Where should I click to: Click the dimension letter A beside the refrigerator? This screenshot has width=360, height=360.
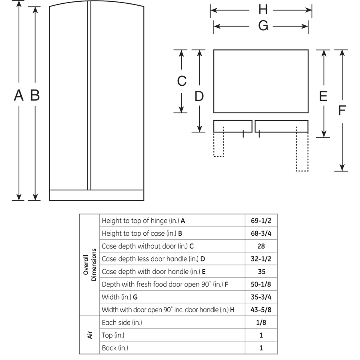click(x=19, y=95)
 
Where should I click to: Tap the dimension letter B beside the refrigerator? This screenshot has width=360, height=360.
click(x=35, y=95)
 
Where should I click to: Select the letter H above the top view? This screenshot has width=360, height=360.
click(x=263, y=10)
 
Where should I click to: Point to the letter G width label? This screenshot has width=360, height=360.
click(x=263, y=26)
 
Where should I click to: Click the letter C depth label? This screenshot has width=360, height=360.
click(x=182, y=81)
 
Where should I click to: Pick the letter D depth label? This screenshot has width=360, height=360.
click(x=199, y=96)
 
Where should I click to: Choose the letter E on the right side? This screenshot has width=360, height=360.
click(x=323, y=96)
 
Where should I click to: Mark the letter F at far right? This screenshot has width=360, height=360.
click(x=342, y=111)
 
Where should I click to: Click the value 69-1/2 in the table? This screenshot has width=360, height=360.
click(x=261, y=221)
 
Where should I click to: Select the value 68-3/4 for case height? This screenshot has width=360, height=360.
click(x=261, y=233)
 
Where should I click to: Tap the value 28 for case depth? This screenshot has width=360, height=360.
click(x=261, y=246)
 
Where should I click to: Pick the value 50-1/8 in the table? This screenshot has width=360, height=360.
click(x=261, y=284)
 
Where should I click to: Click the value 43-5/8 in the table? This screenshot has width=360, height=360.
click(x=261, y=310)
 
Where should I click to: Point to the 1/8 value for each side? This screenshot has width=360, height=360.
click(x=261, y=323)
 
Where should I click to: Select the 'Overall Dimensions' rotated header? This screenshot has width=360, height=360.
click(x=89, y=265)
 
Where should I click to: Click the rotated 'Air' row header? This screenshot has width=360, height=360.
click(x=90, y=335)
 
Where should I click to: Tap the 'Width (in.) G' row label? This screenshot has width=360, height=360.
click(x=120, y=297)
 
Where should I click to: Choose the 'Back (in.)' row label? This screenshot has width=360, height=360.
click(x=115, y=348)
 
